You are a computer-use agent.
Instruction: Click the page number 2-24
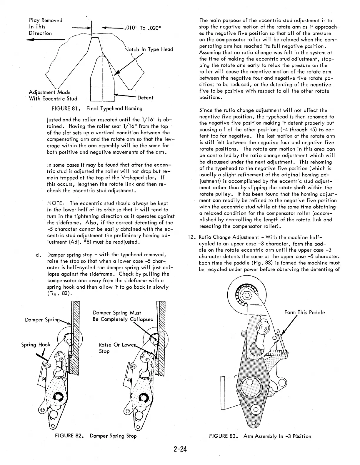coord(180,450)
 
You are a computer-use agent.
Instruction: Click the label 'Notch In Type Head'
coord(149,49)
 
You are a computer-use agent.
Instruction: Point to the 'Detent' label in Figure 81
coord(145,98)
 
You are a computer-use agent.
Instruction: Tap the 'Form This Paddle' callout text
coord(304,312)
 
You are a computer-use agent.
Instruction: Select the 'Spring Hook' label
coord(36,345)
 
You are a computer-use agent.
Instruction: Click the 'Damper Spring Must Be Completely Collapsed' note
coord(123,316)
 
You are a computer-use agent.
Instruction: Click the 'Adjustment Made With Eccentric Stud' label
coord(53,95)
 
